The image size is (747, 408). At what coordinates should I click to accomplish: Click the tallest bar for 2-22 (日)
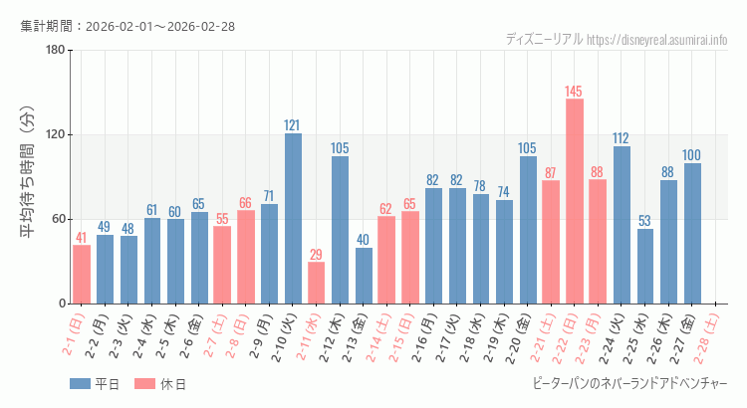[575, 201]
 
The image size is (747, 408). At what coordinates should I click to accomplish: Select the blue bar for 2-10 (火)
[293, 218]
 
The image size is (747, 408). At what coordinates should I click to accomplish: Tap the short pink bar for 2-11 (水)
[317, 283]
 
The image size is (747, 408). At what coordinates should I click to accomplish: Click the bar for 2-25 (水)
[645, 266]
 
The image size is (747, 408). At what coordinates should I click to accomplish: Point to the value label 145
[574, 92]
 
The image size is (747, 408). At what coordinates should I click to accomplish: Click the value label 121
[292, 125]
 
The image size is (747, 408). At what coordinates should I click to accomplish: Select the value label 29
[316, 255]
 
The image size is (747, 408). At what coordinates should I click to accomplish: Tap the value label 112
[621, 138]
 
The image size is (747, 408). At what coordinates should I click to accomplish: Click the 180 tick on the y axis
[55, 51]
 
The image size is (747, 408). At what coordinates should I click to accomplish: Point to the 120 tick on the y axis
[55, 135]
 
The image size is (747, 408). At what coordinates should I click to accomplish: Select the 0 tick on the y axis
[61, 304]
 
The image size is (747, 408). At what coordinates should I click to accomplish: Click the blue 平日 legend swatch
[81, 384]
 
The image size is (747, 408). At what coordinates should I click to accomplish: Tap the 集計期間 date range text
[127, 26]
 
